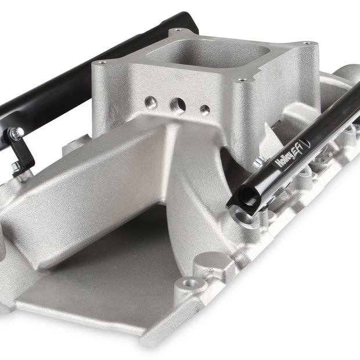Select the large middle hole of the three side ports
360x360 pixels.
pyautogui.click(x=178, y=106)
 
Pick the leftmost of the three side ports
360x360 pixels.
pyautogui.click(x=151, y=102)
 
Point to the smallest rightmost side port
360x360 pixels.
pyautogui.click(x=205, y=110)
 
